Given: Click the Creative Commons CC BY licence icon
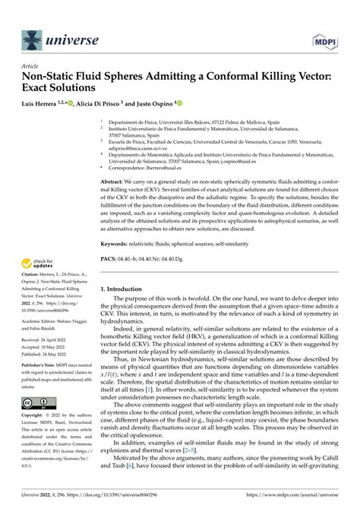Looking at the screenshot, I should (36, 423).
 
